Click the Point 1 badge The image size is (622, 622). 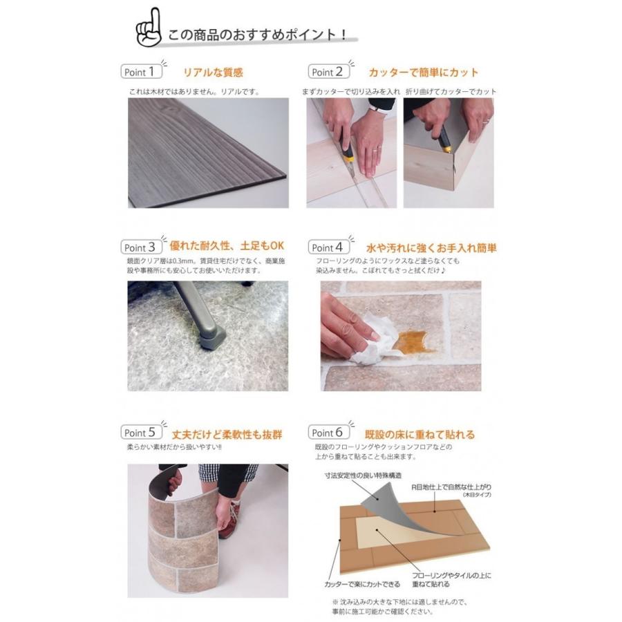[142, 71]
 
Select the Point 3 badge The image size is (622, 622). [142, 247]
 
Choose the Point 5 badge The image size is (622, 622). [142, 433]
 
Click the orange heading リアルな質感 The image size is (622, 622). [213, 72]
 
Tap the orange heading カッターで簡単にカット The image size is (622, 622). [423, 72]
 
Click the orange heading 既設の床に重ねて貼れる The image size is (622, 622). [420, 435]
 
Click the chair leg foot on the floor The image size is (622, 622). [212, 337]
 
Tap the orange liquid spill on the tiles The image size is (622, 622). [413, 341]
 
